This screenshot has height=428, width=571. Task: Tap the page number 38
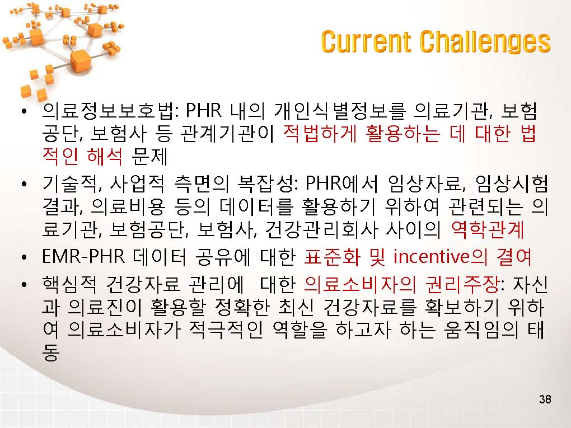(x=545, y=399)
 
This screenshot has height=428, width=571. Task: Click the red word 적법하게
(x=320, y=134)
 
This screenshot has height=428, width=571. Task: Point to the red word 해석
(x=105, y=157)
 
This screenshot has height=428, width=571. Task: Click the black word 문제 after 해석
(x=149, y=157)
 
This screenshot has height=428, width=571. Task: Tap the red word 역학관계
(x=487, y=229)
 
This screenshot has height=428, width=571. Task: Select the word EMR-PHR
(x=83, y=256)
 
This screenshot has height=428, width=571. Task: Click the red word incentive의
(x=440, y=256)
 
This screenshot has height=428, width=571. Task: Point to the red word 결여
(x=514, y=256)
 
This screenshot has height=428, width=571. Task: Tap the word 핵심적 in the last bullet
(x=70, y=284)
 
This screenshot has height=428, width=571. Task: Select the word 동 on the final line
(x=51, y=352)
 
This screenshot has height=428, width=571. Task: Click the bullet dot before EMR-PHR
(x=24, y=258)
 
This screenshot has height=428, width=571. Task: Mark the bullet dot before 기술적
(x=24, y=185)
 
